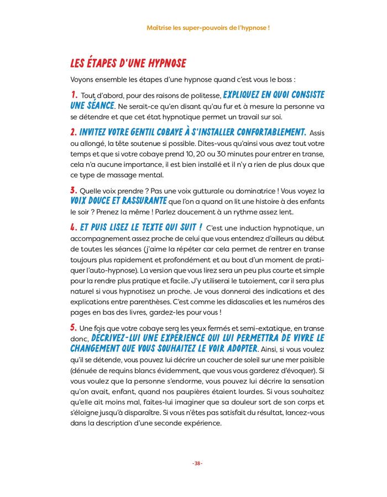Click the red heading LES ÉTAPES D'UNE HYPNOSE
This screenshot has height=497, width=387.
(128, 63)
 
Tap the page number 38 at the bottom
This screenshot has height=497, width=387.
(197, 463)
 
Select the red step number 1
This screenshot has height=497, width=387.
(74, 95)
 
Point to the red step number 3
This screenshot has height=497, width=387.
(74, 190)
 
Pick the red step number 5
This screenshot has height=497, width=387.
(74, 328)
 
